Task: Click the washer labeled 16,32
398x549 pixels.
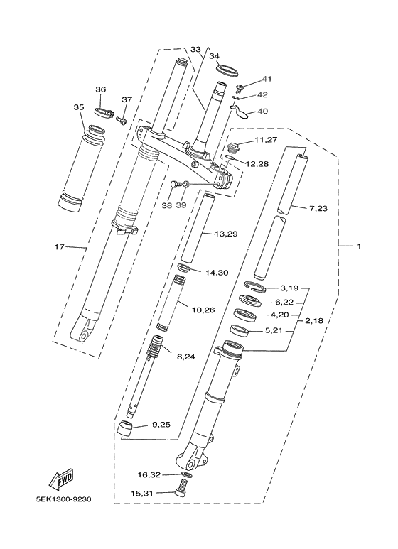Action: coord(185,474)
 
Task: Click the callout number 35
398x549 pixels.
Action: coord(78,107)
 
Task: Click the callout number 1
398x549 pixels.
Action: coord(360,246)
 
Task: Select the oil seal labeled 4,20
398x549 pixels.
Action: coord(246,313)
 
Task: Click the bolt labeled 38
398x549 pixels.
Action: coord(173,185)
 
